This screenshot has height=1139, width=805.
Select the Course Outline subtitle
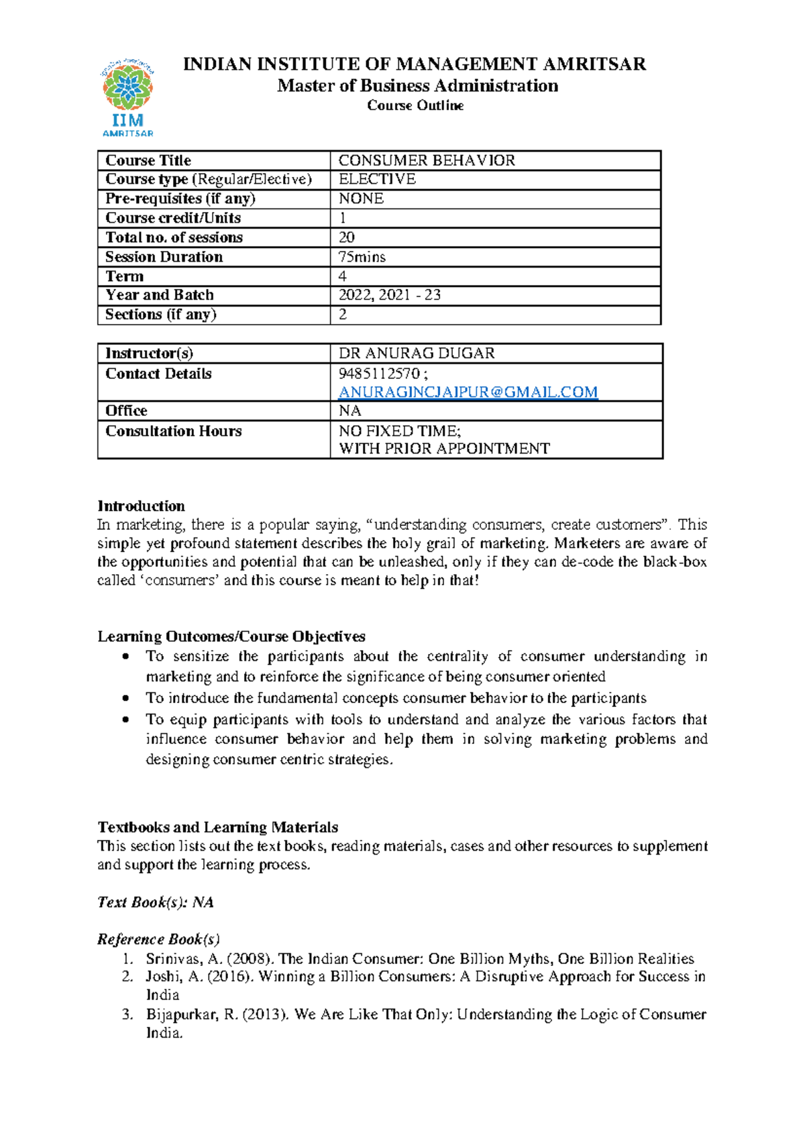point(415,106)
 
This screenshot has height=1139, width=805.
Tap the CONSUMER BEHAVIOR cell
point(427,160)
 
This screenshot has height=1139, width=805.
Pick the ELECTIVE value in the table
point(377,179)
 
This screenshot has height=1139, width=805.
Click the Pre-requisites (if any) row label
point(180,199)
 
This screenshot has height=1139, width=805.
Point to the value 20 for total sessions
point(347,237)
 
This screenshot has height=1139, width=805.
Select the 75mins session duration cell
point(362,257)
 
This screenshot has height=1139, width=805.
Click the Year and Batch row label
point(160,295)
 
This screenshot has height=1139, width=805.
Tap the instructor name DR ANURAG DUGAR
point(417,354)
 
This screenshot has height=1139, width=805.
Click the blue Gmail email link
point(468,392)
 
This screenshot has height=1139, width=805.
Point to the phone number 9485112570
point(379,374)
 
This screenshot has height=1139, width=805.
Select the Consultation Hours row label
point(173,431)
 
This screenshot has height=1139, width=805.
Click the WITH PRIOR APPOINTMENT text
point(444,449)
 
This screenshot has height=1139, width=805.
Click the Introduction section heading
point(141,506)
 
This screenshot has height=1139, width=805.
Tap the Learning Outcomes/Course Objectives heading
point(231,636)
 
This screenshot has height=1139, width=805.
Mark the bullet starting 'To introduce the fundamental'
point(396,698)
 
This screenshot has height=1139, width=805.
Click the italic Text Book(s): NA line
point(156,902)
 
